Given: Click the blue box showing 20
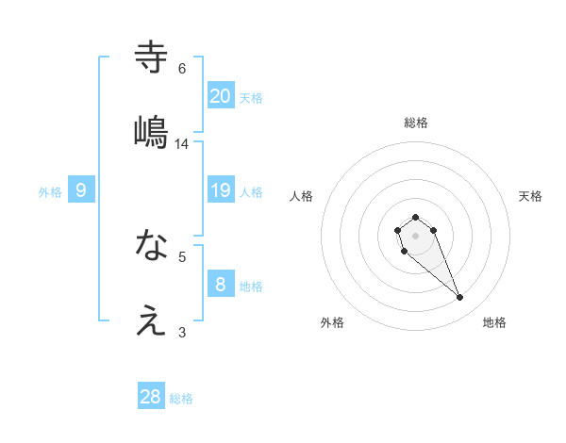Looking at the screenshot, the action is coord(221,95).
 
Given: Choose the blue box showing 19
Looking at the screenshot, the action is coord(221,191).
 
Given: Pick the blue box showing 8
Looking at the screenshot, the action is coord(221,284).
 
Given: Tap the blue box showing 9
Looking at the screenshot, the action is coord(81,191).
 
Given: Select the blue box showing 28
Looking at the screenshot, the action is coord(151,397).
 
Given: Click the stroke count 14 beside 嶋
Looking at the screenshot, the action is coord(182,144).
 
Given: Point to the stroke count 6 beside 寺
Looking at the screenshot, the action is coord(182,69).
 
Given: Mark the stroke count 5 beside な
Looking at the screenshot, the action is coord(182,255).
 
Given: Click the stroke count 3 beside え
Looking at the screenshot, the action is coord(182,332).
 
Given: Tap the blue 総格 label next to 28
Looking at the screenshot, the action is coord(181,399).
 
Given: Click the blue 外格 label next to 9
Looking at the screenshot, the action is coord(50,192).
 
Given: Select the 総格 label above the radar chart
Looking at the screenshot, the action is coord(416,123).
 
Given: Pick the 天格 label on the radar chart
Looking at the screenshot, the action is coord(530,196).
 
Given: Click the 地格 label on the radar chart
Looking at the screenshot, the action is coord(494,322).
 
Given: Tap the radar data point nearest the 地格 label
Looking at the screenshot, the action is coord(460,298).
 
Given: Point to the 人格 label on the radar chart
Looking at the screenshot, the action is coord(302,196).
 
